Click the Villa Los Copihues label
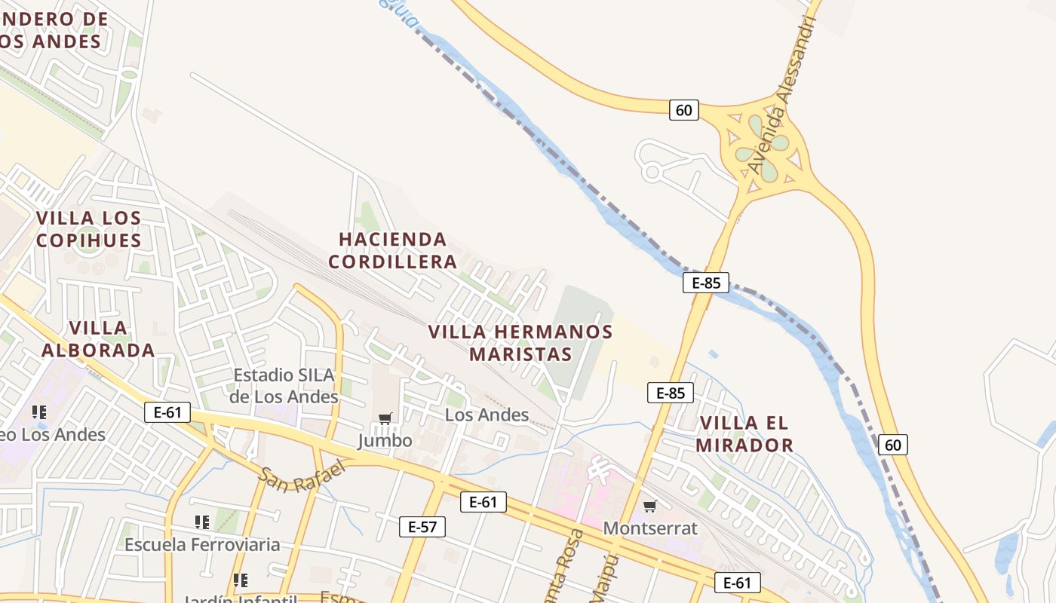click(x=88, y=229)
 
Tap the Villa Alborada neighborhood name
click(x=98, y=338)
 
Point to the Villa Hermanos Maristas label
click(x=520, y=342)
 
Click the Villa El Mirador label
click(x=744, y=433)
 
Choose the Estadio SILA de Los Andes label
click(x=284, y=385)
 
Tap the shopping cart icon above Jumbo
click(x=385, y=418)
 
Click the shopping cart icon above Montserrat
click(x=649, y=506)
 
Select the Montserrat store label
click(x=650, y=528)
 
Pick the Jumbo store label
click(x=385, y=440)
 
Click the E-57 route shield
click(x=422, y=527)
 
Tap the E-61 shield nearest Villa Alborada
click(x=167, y=412)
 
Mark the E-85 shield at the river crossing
click(x=706, y=283)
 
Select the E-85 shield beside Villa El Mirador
click(x=670, y=393)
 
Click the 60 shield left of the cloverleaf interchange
click(x=683, y=110)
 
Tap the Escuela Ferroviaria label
click(x=202, y=544)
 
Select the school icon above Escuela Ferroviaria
click(x=201, y=522)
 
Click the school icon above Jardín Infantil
click(x=241, y=580)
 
